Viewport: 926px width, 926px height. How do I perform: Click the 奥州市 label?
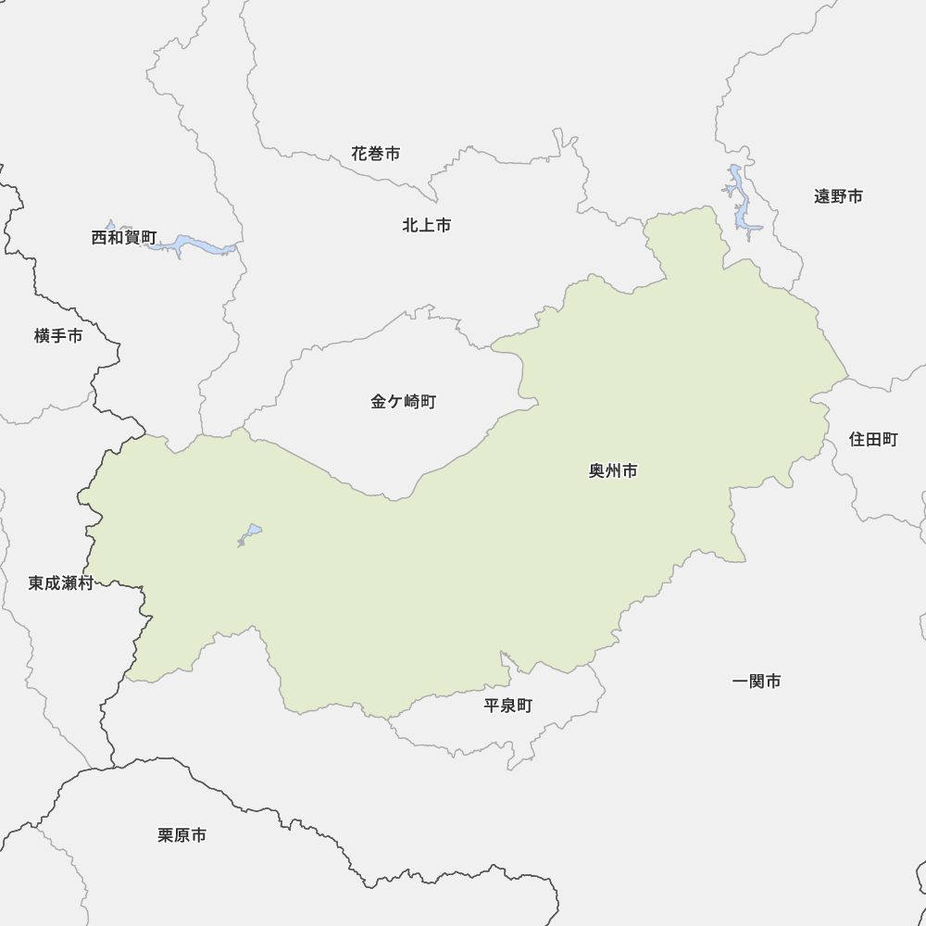[x=613, y=471]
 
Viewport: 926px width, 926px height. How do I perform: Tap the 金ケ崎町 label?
[x=403, y=402]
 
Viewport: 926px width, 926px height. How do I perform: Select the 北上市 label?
[x=427, y=225]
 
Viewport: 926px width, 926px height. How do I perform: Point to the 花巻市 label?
[x=376, y=154]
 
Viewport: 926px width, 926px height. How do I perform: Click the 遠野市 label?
[x=838, y=196]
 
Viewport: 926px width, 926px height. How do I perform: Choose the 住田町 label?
[x=873, y=440]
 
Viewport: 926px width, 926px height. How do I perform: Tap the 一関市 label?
[x=757, y=682]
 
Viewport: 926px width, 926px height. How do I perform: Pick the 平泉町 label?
[x=508, y=706]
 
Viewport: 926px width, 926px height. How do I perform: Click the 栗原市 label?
[x=182, y=835]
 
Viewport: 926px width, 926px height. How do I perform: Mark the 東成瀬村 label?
[x=61, y=583]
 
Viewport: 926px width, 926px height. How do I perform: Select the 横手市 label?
[x=58, y=336]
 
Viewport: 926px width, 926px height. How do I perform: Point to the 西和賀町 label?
[x=124, y=238]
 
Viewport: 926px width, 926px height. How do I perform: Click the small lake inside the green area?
[x=250, y=534]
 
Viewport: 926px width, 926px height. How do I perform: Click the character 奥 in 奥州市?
[x=597, y=471]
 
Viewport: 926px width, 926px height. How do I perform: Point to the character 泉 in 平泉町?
[x=508, y=706]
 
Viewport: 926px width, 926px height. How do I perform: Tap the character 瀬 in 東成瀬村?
[x=69, y=583]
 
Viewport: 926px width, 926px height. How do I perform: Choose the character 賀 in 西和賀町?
[x=132, y=238]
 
